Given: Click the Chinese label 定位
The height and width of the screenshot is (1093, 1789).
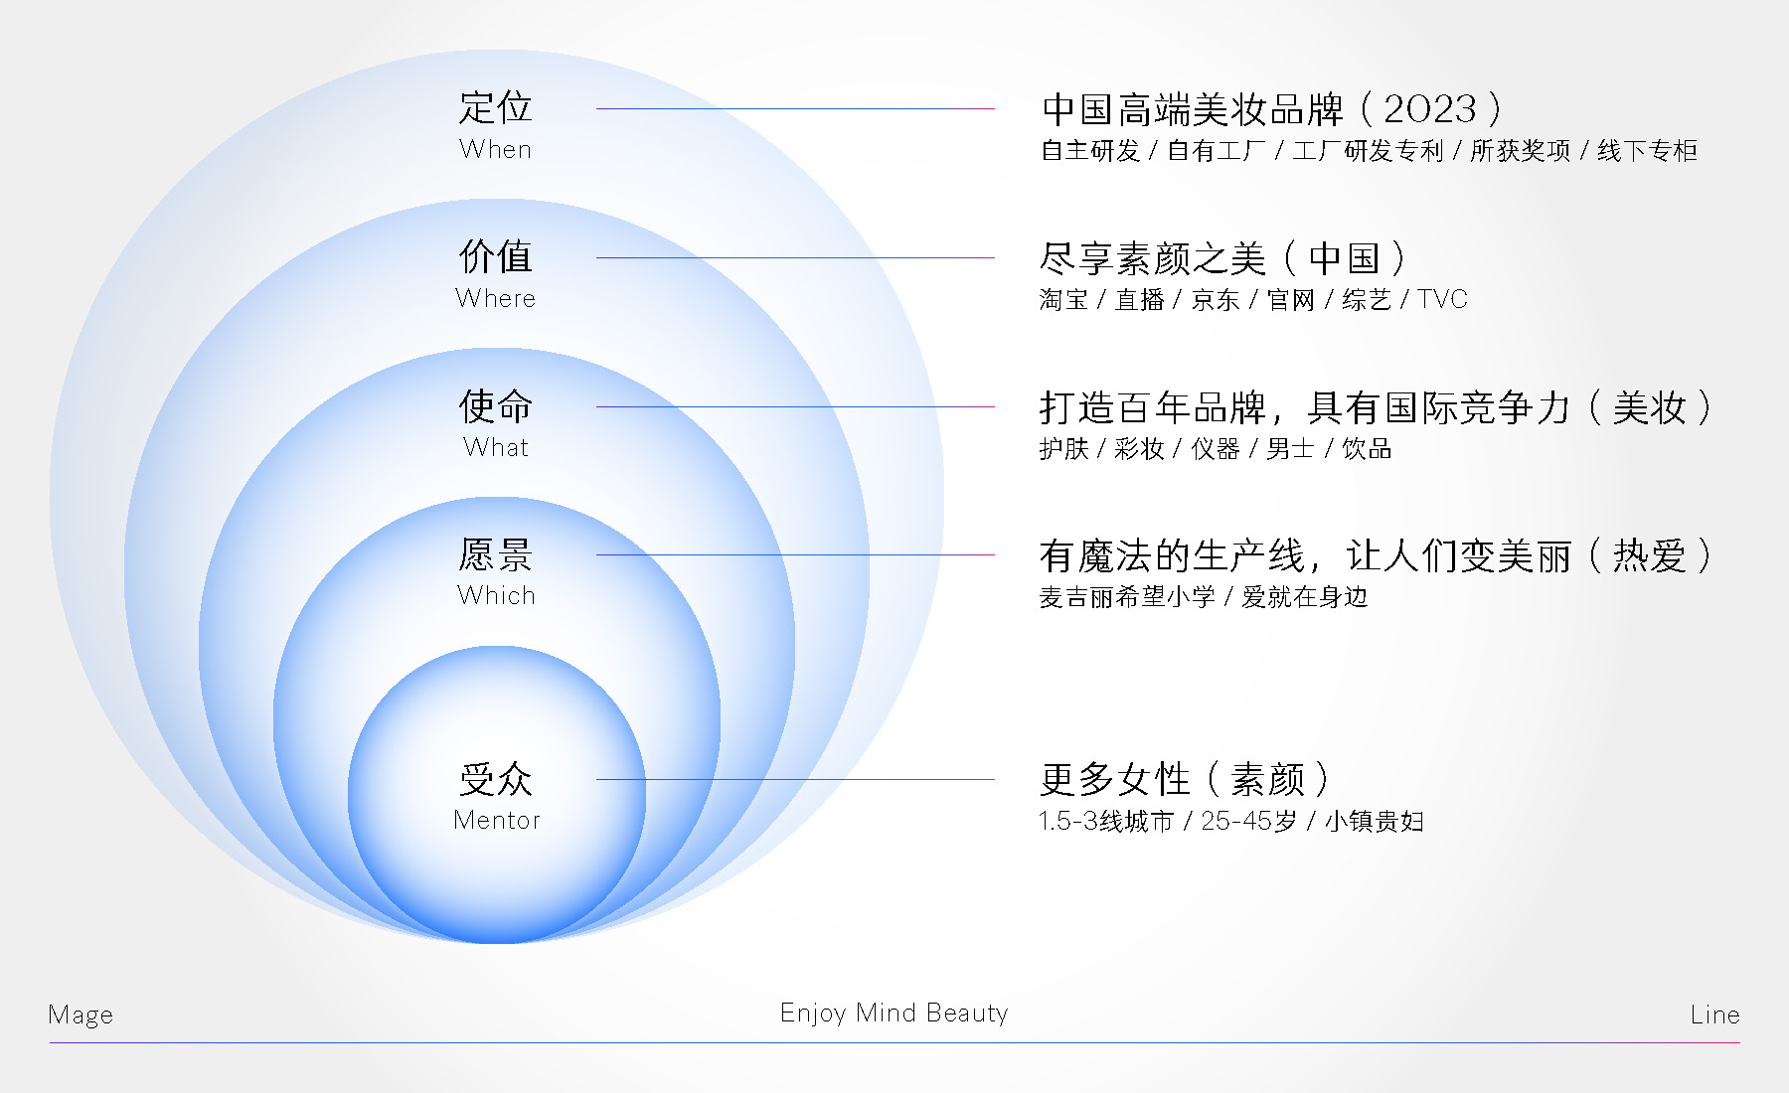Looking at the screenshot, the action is pyautogui.click(x=495, y=107).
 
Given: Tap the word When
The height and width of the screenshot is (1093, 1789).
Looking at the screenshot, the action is pyautogui.click(x=495, y=150).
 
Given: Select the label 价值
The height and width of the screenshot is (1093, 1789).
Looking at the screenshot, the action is pyautogui.click(x=495, y=256).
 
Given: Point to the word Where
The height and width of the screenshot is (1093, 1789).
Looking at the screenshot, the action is pyautogui.click(x=495, y=298).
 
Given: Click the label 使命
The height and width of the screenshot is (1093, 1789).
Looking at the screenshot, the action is pyautogui.click(x=495, y=405).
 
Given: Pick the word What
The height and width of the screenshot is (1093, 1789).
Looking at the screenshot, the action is pyautogui.click(x=495, y=447).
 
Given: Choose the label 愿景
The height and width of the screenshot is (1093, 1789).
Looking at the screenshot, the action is pyautogui.click(x=495, y=554).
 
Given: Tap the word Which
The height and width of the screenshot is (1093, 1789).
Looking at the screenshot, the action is pyautogui.click(x=496, y=595).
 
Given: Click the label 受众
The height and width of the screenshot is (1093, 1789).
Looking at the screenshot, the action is pyautogui.click(x=495, y=779).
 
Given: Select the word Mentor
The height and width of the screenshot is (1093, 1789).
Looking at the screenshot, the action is pyautogui.click(x=496, y=820).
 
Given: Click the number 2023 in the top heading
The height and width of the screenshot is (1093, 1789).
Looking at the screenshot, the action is pyautogui.click(x=1430, y=108).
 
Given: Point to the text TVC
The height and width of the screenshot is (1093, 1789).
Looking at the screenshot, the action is pyautogui.click(x=1442, y=299).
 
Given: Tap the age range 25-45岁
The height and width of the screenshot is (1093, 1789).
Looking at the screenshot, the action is pyautogui.click(x=1249, y=821).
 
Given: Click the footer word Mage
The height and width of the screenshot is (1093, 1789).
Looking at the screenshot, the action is pyautogui.click(x=81, y=1015).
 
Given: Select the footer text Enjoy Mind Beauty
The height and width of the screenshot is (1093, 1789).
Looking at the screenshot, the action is pyautogui.click(x=894, y=1013).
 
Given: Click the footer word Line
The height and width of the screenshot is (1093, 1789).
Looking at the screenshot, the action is pyautogui.click(x=1714, y=1015).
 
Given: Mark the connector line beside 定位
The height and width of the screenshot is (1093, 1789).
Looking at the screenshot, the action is pyautogui.click(x=795, y=108).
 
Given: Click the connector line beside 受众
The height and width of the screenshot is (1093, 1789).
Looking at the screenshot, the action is pyautogui.click(x=795, y=779).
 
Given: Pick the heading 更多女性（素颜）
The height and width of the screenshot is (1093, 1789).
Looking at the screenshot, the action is pyautogui.click(x=1183, y=779).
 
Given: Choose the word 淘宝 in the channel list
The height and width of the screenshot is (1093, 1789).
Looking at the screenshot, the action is pyautogui.click(x=1063, y=299).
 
